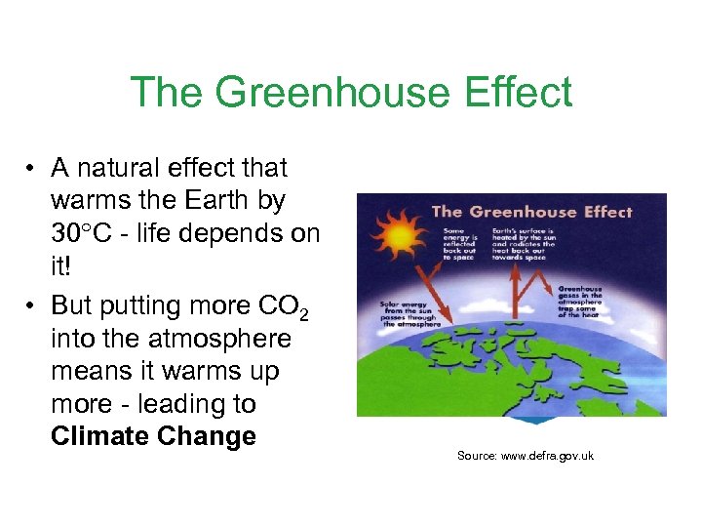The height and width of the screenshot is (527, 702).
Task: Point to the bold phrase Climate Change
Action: click(153, 436)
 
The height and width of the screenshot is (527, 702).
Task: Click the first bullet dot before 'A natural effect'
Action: click(32, 169)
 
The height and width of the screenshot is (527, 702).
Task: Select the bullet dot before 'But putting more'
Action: click(32, 306)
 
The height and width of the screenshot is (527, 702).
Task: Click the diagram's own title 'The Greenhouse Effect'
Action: click(531, 212)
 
